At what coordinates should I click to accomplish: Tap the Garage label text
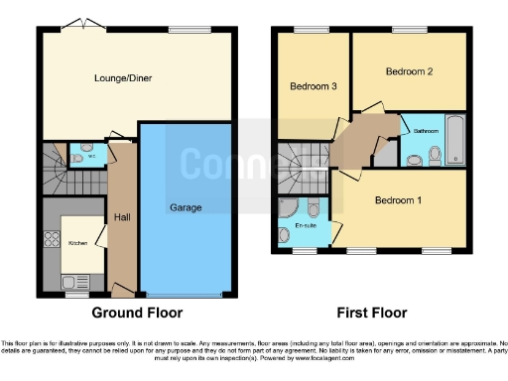(x=186, y=207)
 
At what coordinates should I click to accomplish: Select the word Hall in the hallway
(x=122, y=217)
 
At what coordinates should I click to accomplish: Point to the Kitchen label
(x=77, y=242)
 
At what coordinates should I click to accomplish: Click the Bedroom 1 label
(x=399, y=199)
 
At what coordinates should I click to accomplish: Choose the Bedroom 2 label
(x=409, y=71)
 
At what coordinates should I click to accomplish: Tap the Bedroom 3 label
(x=314, y=87)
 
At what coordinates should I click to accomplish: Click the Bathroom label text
(x=427, y=130)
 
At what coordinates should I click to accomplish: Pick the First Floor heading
(x=372, y=313)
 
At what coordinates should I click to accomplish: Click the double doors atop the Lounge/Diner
(x=79, y=24)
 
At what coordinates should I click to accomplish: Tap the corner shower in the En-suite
(x=287, y=209)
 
